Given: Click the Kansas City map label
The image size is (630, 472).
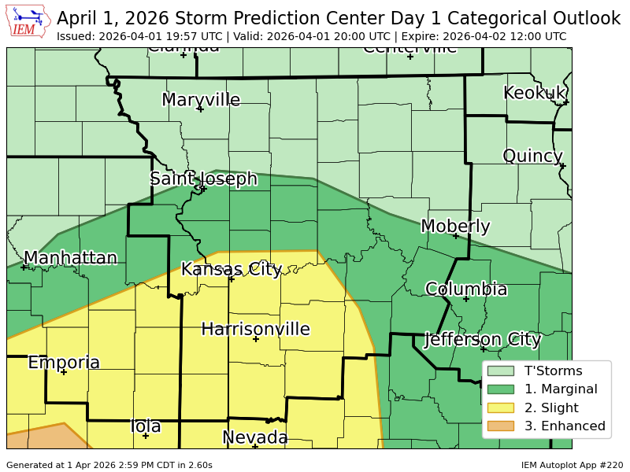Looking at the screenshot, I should (231, 269).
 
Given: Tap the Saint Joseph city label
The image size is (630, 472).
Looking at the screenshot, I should (204, 179).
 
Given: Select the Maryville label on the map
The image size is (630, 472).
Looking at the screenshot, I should (201, 100).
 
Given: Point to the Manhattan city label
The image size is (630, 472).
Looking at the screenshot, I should (70, 258).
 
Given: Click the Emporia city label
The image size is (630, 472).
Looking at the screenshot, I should (64, 363).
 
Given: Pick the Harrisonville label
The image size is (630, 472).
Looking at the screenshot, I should (255, 329).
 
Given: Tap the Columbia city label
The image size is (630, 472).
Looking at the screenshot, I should (466, 289).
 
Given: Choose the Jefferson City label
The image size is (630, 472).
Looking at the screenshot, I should (482, 340).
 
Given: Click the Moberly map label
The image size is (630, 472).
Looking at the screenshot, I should (455, 227).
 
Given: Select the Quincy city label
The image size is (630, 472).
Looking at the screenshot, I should (532, 156).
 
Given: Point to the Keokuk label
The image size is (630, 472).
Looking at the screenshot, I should (535, 93).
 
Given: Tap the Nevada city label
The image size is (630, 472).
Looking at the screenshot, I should (254, 437).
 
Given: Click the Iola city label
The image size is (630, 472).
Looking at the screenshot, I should (146, 426).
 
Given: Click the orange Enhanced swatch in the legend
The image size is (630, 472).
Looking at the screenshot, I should (500, 426).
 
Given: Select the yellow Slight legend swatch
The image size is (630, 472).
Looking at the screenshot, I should (500, 407).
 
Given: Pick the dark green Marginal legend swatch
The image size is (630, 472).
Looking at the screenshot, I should (500, 389).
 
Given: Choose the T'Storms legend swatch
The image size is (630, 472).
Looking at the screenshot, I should (500, 371).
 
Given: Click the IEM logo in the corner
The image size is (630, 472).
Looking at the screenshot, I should (29, 21).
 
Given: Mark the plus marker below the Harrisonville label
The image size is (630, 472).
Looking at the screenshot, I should (256, 339).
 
